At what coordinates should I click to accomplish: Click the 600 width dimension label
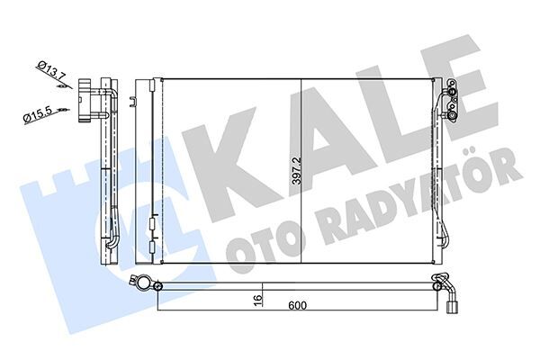(x=298, y=306)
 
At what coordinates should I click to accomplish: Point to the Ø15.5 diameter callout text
(x=36, y=114)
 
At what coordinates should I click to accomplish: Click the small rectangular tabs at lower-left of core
(x=150, y=222)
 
